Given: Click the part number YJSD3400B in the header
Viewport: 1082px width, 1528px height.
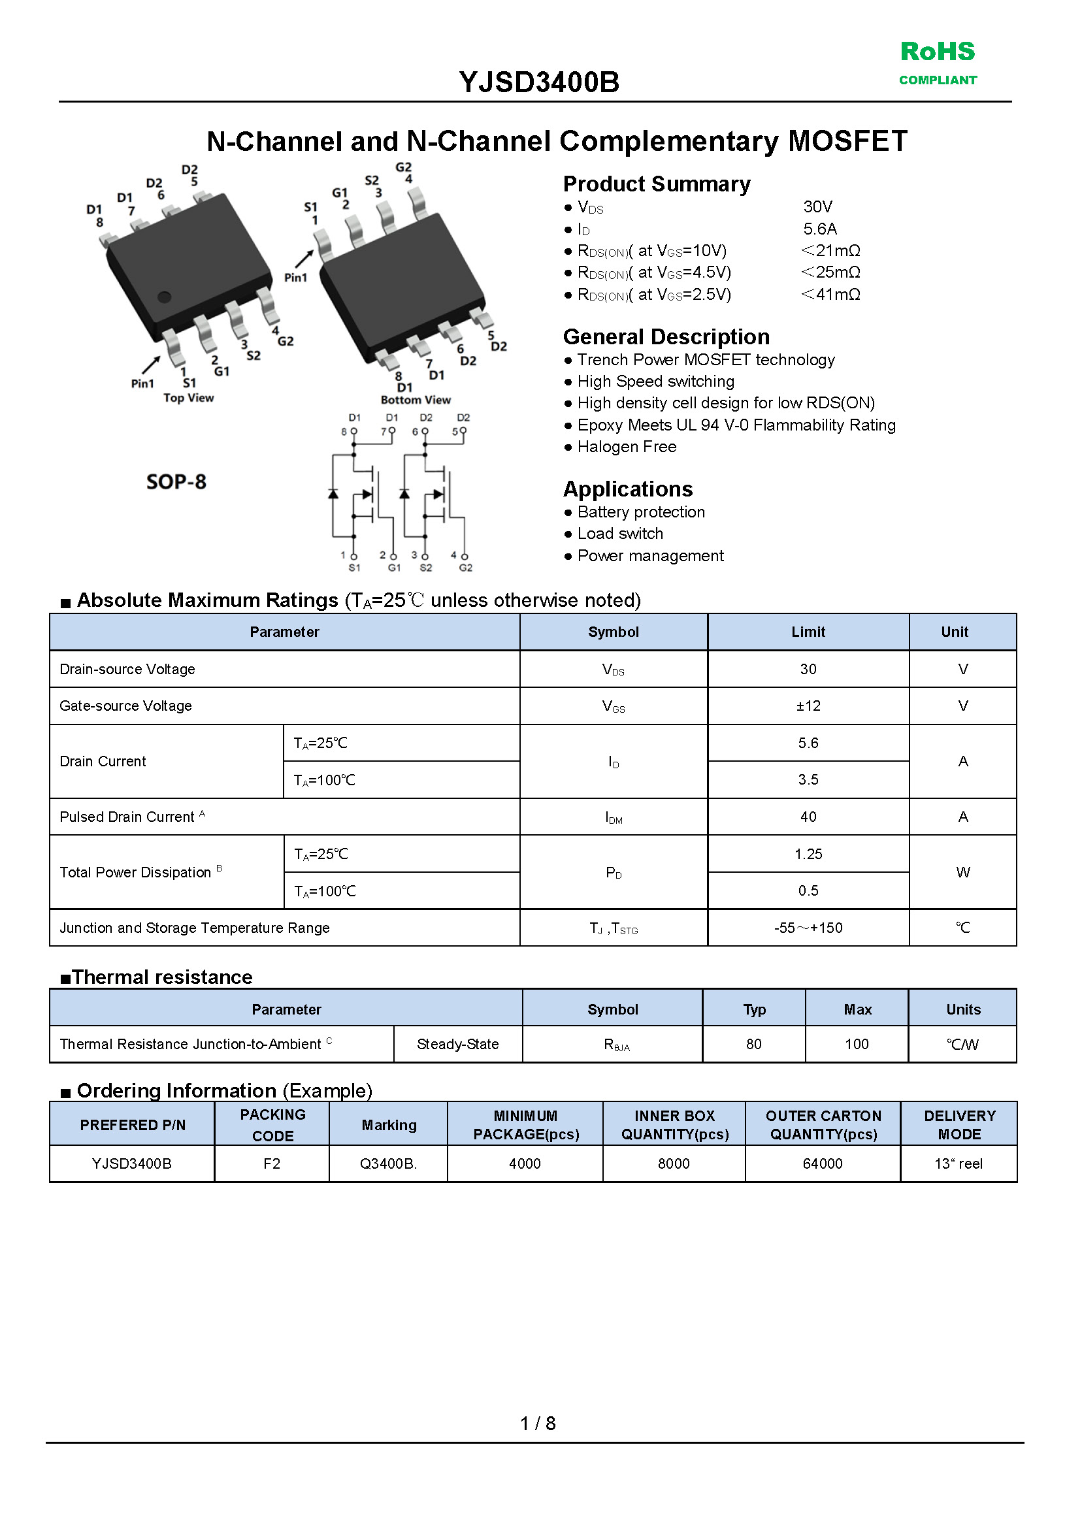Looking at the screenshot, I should [539, 82].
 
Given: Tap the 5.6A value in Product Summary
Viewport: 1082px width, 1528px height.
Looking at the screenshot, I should [819, 229].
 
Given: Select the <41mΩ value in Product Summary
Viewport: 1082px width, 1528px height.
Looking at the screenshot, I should [830, 295].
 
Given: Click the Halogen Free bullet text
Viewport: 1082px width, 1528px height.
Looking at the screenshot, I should [627, 447].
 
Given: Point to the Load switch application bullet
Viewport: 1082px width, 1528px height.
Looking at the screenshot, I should [619, 534].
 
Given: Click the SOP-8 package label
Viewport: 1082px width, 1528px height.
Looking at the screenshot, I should [176, 481].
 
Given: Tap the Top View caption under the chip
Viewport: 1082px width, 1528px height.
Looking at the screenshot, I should [189, 398].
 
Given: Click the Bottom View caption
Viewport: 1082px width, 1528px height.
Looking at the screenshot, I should [415, 400].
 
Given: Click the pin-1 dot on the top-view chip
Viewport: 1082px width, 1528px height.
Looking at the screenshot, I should [164, 297].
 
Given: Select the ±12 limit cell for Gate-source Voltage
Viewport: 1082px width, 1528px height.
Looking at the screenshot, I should [808, 706].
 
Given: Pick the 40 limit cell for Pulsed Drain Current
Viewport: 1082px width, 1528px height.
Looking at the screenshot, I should [808, 817].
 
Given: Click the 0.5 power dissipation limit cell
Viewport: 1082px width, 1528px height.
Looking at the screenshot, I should [808, 890].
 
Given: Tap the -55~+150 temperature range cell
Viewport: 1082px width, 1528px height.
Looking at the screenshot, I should [808, 928].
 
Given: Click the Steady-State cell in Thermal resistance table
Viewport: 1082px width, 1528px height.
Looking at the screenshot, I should [458, 1044].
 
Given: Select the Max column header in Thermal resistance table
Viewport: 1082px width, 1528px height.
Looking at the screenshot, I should [857, 1009].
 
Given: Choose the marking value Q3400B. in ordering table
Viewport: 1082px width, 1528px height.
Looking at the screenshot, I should [388, 1163].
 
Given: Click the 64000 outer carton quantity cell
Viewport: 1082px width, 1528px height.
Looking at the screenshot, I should [822, 1163].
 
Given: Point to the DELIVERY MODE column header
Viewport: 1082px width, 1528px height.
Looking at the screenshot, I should [959, 1125].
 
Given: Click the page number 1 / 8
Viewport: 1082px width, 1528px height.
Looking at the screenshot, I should [538, 1423].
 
